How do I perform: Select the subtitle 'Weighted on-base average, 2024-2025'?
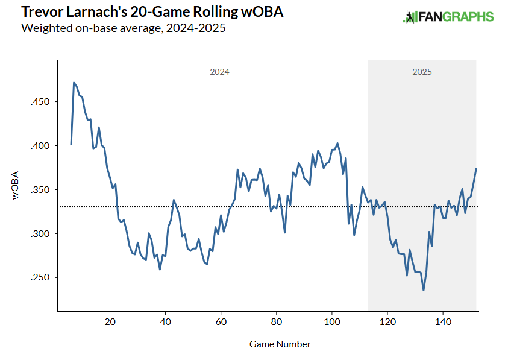pos(123,28)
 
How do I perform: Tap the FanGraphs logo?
pos(448,17)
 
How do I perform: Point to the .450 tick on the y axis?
pos(40,102)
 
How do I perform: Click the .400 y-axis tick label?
pos(40,146)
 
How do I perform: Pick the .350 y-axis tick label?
pos(40,190)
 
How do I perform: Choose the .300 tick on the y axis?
pos(40,234)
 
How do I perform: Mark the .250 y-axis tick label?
pos(40,278)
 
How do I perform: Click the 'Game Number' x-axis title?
pos(280,344)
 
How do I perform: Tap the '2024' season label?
pos(219,72)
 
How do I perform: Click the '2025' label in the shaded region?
pos(422,72)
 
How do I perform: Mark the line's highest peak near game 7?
pos(74,83)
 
